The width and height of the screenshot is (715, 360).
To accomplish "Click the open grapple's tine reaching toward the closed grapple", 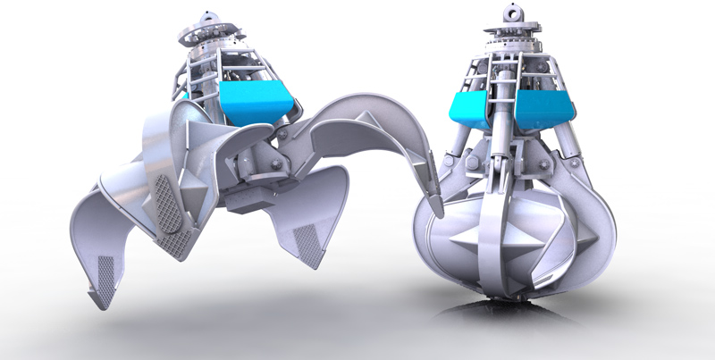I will [x=375, y=134].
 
